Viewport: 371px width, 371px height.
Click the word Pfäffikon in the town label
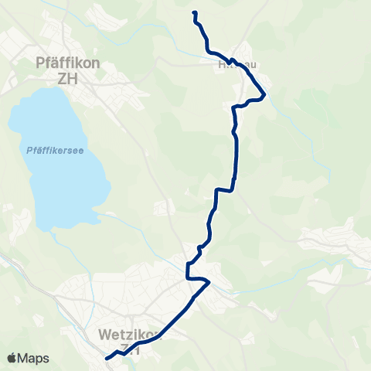point(68,63)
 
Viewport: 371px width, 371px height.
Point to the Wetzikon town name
point(128,335)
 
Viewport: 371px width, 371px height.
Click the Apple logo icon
point(12,359)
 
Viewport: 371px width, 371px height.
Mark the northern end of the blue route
point(193,13)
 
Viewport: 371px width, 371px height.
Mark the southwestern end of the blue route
point(106,358)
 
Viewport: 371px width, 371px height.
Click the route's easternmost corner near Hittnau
point(265,96)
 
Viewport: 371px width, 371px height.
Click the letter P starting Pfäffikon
point(41,63)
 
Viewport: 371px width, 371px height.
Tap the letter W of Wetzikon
point(105,335)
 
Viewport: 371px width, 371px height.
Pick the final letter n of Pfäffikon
point(95,63)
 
